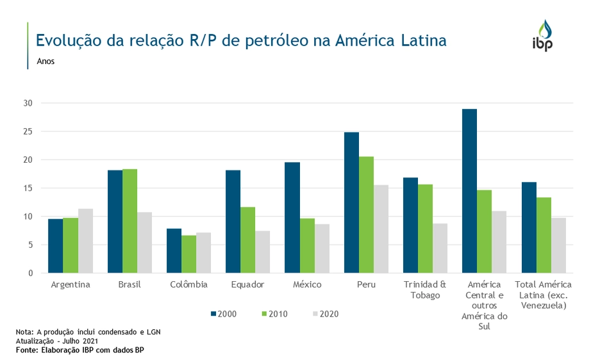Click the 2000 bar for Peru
coord(351,202)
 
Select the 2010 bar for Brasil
coord(129,221)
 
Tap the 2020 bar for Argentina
coord(85,241)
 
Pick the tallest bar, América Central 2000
coord(469,191)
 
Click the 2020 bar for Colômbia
coord(203,252)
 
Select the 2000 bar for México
coord(292,217)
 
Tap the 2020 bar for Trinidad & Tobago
coord(440,248)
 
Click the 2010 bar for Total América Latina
coord(543,235)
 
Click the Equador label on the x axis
coord(247,284)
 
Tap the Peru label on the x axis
coord(366,284)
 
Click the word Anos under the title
coord(46,62)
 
